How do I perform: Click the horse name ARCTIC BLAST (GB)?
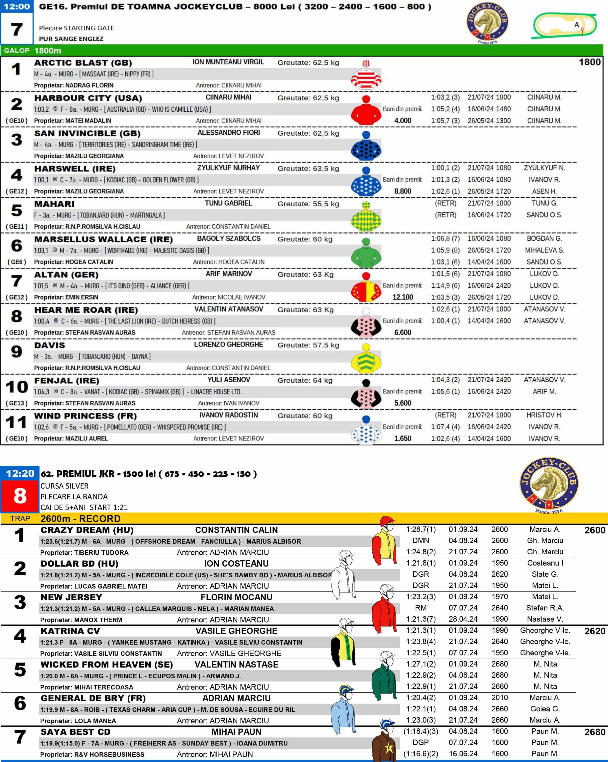tap(83, 63)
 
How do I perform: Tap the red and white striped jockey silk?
tap(366, 75)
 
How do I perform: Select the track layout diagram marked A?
tap(565, 25)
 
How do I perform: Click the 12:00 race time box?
tap(17, 7)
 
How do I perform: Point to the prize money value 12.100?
tap(403, 297)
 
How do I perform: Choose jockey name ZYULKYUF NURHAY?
tap(228, 168)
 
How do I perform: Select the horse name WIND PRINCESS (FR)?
tap(85, 416)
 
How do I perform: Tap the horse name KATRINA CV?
tap(70, 631)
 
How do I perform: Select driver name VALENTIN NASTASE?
tap(237, 665)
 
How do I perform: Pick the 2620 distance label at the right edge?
tap(595, 631)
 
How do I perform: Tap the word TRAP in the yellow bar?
tap(20, 518)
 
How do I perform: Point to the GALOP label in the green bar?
tap(17, 51)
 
